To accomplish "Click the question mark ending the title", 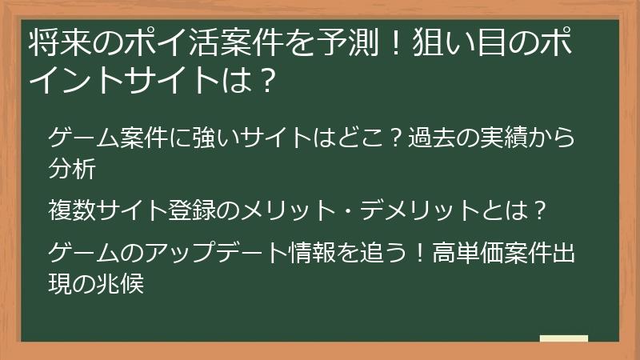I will coord(270,80).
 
